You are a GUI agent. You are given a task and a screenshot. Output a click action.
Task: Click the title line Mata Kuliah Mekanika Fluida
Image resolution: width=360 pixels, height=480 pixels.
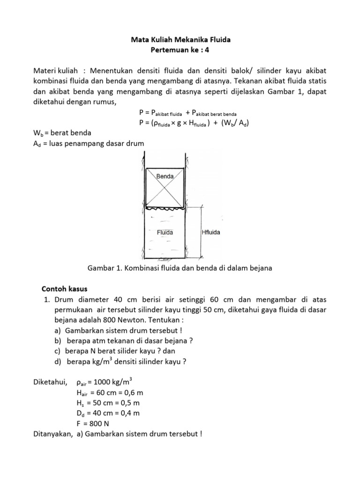pos(180,40)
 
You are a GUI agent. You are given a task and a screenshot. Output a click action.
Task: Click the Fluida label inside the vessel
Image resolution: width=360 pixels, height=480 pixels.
pos(165,232)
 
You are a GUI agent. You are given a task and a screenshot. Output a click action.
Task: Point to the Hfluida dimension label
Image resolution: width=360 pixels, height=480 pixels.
pos(210,232)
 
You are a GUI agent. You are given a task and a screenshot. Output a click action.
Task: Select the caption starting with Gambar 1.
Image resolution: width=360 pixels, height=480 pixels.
pos(180,268)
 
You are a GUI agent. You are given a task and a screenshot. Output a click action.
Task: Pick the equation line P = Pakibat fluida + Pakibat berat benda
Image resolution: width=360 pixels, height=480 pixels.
pos(187,113)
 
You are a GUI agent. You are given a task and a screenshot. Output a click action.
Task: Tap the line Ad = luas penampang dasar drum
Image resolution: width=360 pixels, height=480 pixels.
pos(88,142)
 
